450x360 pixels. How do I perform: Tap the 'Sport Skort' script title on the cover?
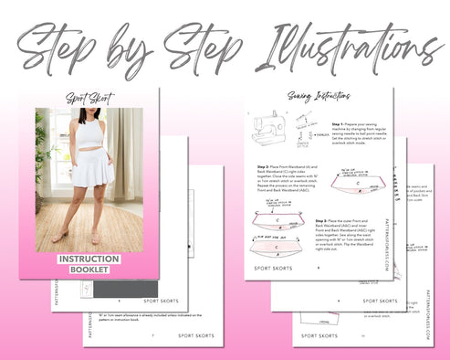click(88, 98)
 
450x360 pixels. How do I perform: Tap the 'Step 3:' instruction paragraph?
click(351, 236)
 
